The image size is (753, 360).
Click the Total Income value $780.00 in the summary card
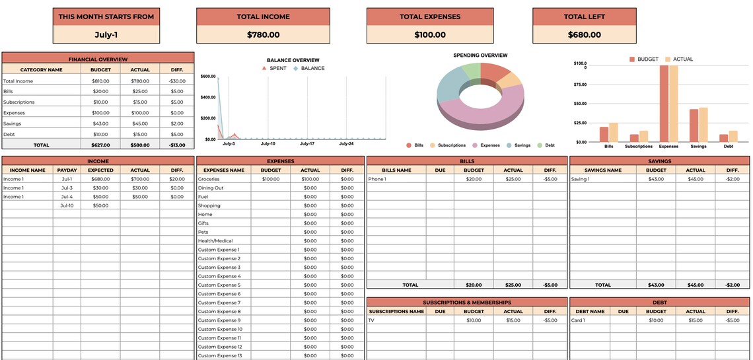pos(263,35)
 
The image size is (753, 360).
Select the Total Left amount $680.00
pos(584,35)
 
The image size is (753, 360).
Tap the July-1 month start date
pos(106,35)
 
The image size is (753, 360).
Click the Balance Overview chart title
pos(293,60)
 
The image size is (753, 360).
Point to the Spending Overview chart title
pos(480,55)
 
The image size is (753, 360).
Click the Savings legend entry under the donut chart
pos(519,145)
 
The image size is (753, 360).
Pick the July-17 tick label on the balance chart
pos(307,143)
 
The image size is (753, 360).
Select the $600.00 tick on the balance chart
pos(208,77)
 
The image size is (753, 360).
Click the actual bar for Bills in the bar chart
pos(613,132)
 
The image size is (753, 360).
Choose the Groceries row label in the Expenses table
pos(209,179)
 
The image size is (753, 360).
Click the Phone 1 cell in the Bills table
pos(377,179)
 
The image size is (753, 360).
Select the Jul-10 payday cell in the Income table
pos(67,205)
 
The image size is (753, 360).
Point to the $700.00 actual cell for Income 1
pos(140,179)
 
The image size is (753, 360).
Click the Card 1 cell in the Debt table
pos(578,320)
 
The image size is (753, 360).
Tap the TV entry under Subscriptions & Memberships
pos(371,320)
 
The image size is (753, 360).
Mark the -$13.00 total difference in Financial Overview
pos(176,145)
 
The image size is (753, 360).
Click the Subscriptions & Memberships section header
pos(466,302)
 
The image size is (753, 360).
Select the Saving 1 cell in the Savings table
pos(580,179)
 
